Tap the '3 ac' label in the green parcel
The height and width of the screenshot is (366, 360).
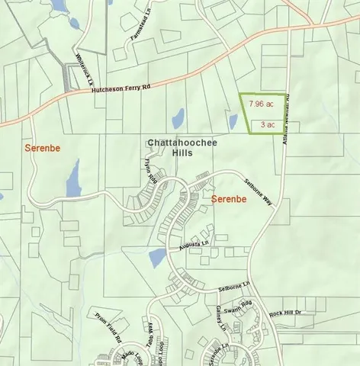click(268, 124)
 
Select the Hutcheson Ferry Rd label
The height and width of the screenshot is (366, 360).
click(121, 88)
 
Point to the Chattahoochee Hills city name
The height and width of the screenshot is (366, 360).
click(171, 147)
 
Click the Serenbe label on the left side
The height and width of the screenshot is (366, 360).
click(42, 146)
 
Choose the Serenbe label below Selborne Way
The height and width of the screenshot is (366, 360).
click(230, 200)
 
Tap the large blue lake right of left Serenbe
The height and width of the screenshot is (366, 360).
click(73, 179)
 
